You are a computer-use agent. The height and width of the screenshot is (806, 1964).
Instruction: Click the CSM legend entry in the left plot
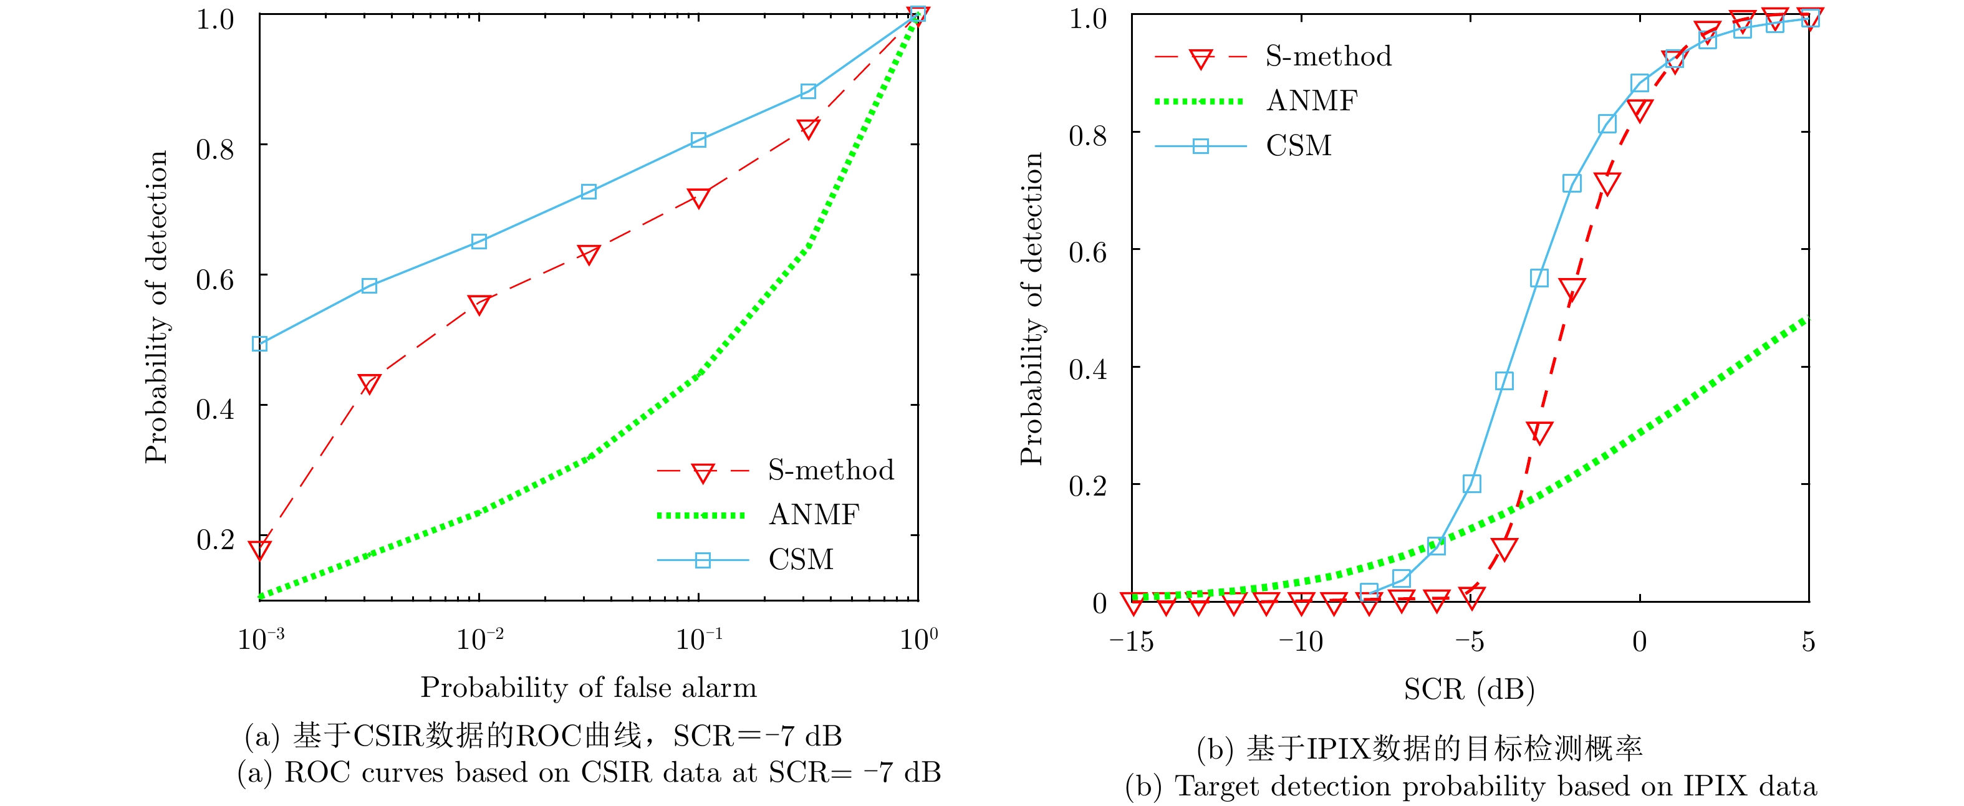pyautogui.click(x=801, y=560)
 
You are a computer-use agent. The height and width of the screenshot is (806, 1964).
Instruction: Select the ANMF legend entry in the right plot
pyautogui.click(x=1311, y=100)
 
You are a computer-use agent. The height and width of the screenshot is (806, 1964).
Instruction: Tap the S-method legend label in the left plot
pyautogui.click(x=830, y=471)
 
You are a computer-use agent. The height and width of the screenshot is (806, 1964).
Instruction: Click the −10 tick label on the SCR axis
pyautogui.click(x=1301, y=642)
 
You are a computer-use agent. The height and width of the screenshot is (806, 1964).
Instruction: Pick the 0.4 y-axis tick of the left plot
pyautogui.click(x=215, y=410)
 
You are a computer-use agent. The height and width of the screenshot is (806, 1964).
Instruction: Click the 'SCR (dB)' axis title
pyautogui.click(x=1469, y=689)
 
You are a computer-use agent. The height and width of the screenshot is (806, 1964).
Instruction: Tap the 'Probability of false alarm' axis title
pyautogui.click(x=589, y=688)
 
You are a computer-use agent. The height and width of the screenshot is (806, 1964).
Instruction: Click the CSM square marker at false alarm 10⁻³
pyautogui.click(x=260, y=344)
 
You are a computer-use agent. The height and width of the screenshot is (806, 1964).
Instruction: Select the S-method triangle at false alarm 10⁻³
pyautogui.click(x=260, y=549)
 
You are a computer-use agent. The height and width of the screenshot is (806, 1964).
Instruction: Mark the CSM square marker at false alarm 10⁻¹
pyautogui.click(x=698, y=140)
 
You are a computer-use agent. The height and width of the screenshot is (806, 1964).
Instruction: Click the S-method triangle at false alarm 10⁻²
pyautogui.click(x=479, y=305)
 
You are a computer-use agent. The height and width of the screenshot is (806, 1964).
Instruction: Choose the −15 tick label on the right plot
pyautogui.click(x=1132, y=642)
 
